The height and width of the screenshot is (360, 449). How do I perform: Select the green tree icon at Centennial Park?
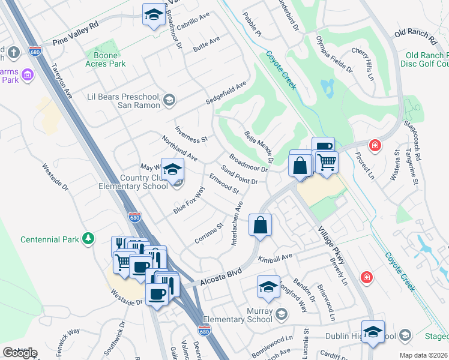coord(89,239)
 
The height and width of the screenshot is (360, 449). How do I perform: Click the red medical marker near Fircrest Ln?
coord(375,145)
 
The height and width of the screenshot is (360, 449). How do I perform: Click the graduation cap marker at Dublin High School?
coord(373,332)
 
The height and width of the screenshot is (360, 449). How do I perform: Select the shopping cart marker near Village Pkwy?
coord(327,161)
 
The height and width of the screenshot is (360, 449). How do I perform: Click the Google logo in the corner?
coord(20,353)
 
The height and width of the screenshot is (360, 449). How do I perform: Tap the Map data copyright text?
coord(423,355)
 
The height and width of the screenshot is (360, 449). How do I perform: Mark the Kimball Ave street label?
coord(275,257)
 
